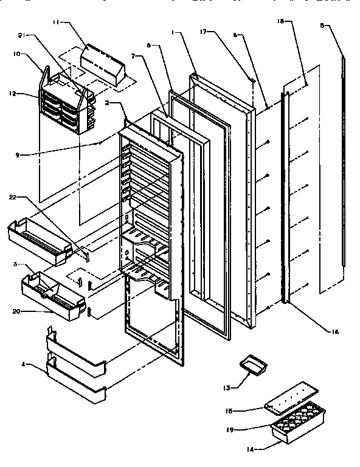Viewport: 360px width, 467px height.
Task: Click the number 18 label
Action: (281, 21)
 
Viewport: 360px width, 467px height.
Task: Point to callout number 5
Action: (323, 26)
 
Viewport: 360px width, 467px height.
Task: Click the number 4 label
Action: (24, 365)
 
